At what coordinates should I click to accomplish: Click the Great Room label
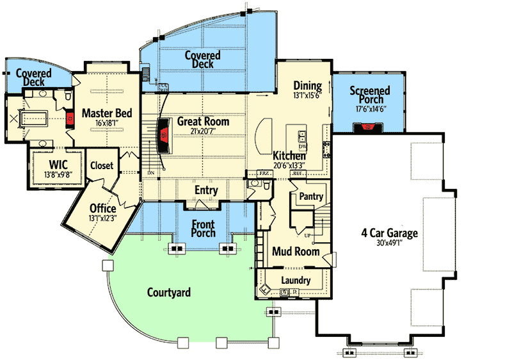(203, 121)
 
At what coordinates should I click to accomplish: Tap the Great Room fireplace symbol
(164, 135)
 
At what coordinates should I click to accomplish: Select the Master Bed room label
(107, 113)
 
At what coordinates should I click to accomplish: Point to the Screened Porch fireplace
(368, 127)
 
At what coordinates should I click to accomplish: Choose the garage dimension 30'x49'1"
(389, 244)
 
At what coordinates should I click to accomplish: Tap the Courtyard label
(169, 293)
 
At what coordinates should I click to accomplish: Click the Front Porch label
(203, 229)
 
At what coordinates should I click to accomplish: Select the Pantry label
(311, 197)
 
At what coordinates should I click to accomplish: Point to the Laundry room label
(295, 280)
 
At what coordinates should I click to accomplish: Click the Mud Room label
(296, 252)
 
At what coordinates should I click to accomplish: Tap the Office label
(102, 209)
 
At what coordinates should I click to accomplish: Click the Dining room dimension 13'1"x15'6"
(307, 97)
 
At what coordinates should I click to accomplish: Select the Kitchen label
(289, 156)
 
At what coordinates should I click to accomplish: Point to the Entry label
(205, 190)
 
